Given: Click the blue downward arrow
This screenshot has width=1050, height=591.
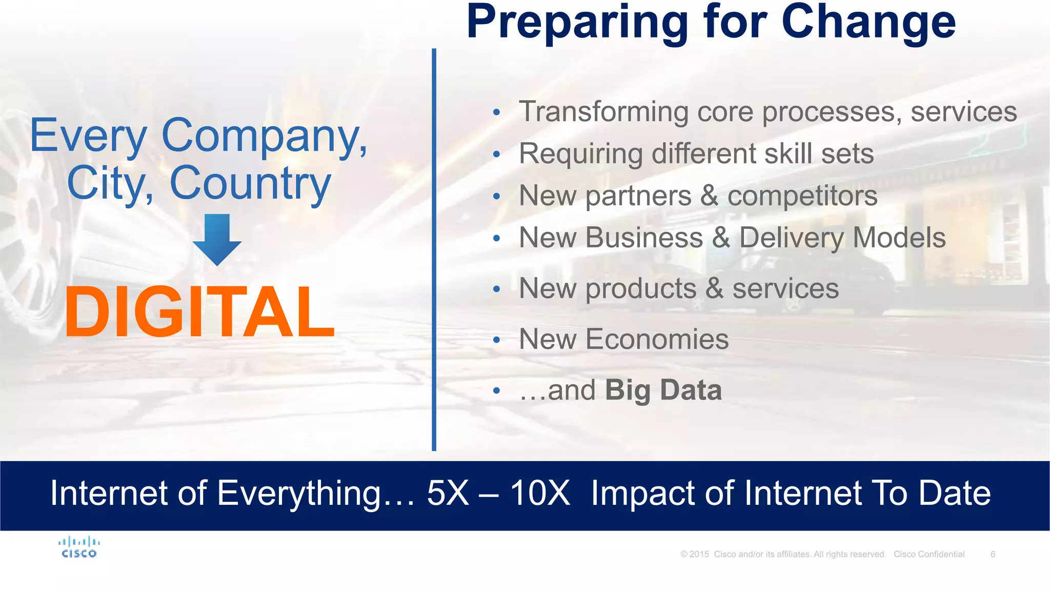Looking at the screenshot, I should (217, 239).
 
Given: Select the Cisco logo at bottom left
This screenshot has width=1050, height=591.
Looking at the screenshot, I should (79, 547).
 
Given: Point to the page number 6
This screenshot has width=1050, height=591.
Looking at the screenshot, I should (993, 554).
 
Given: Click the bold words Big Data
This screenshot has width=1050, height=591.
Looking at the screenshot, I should (663, 390).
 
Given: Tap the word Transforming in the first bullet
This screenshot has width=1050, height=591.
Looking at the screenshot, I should (603, 112).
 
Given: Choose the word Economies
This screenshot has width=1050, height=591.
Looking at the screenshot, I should (657, 339).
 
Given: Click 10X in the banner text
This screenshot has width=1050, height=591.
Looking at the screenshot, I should (539, 493).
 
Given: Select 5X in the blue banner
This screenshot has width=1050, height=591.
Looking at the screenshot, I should (448, 493).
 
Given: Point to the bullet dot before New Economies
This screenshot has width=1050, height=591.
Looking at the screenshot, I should (496, 340).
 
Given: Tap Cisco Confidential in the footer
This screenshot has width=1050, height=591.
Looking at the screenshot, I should (929, 554).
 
